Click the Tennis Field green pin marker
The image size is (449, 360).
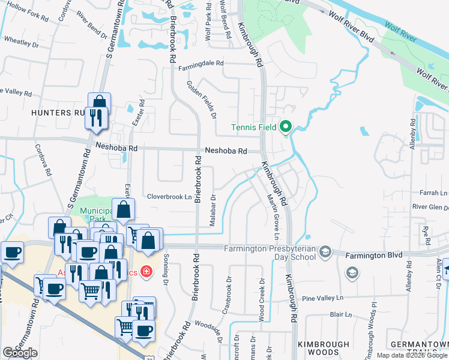285,127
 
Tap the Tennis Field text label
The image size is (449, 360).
255,127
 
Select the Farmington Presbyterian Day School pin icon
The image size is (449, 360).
326,250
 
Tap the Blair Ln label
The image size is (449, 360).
340,314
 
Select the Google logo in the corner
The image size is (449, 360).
20,353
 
